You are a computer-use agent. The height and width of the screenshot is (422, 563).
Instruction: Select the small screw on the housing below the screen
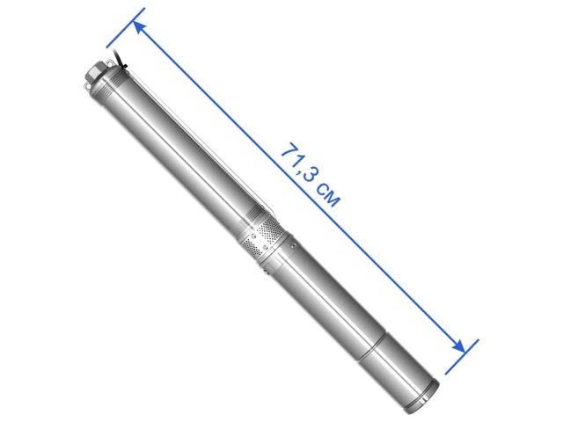coord(295,245)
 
